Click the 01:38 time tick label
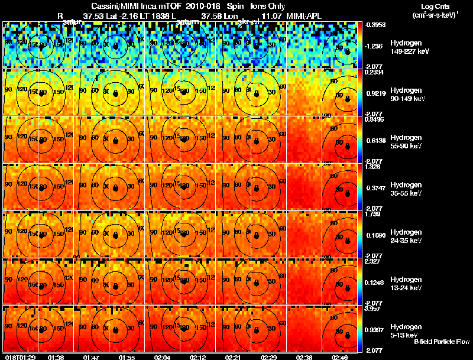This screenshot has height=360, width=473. click(56, 357)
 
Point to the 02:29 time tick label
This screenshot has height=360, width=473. click(268, 357)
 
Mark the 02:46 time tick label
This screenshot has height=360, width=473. click(339, 357)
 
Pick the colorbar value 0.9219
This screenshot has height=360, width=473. click(375, 93)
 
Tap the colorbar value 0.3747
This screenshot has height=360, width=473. click(375, 187)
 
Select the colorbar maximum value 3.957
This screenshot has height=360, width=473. click(374, 309)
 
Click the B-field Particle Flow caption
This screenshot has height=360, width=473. click(441, 342)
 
